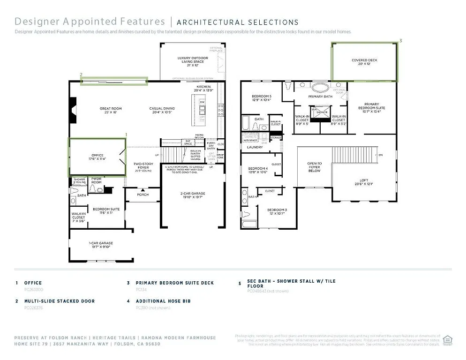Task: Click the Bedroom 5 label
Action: pyautogui.click(x=261, y=97)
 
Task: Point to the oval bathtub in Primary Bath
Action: pyautogui.click(x=320, y=87)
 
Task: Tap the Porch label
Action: pyautogui.click(x=143, y=195)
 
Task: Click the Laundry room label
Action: pyautogui.click(x=255, y=147)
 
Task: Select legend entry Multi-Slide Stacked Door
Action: pyautogui.click(x=59, y=301)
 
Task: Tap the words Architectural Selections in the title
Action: pyautogui.click(x=237, y=22)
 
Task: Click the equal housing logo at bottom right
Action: pyautogui.click(x=447, y=339)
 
